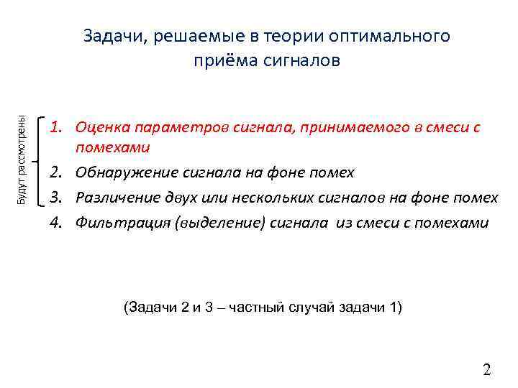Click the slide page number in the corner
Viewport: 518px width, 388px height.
point(486,371)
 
